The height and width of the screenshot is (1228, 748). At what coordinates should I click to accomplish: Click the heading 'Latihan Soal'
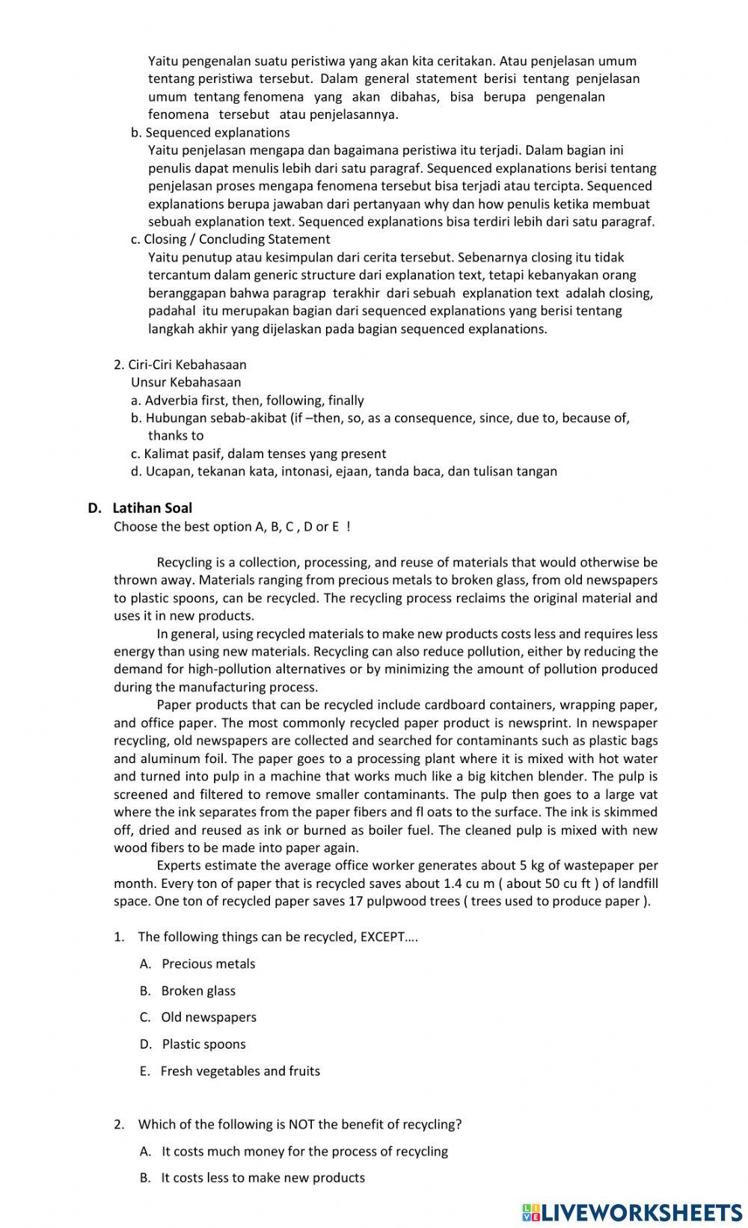pos(152,508)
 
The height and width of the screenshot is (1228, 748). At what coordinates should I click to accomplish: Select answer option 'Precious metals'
pos(208,964)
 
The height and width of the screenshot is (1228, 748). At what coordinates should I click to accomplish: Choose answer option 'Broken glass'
pos(197,991)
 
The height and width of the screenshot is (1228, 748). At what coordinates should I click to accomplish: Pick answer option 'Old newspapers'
pos(208,1017)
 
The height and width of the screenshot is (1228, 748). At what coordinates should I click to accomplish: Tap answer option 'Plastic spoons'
pos(203,1044)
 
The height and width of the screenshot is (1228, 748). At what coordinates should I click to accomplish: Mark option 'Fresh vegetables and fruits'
pos(240,1071)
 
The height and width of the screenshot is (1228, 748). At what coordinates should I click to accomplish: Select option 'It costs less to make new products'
pos(263,1178)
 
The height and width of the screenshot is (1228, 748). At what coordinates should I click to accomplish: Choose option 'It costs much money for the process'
pos(304,1152)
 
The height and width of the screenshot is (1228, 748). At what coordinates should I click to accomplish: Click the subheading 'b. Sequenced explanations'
pos(210,133)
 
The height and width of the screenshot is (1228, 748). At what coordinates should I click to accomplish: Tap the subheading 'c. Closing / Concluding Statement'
pos(230,240)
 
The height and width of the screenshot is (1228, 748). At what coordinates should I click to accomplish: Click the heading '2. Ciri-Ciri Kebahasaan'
pos(180,365)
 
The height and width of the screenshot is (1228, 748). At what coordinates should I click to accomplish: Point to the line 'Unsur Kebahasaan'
pos(186,383)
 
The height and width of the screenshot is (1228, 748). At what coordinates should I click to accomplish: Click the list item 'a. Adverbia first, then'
pos(247,401)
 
